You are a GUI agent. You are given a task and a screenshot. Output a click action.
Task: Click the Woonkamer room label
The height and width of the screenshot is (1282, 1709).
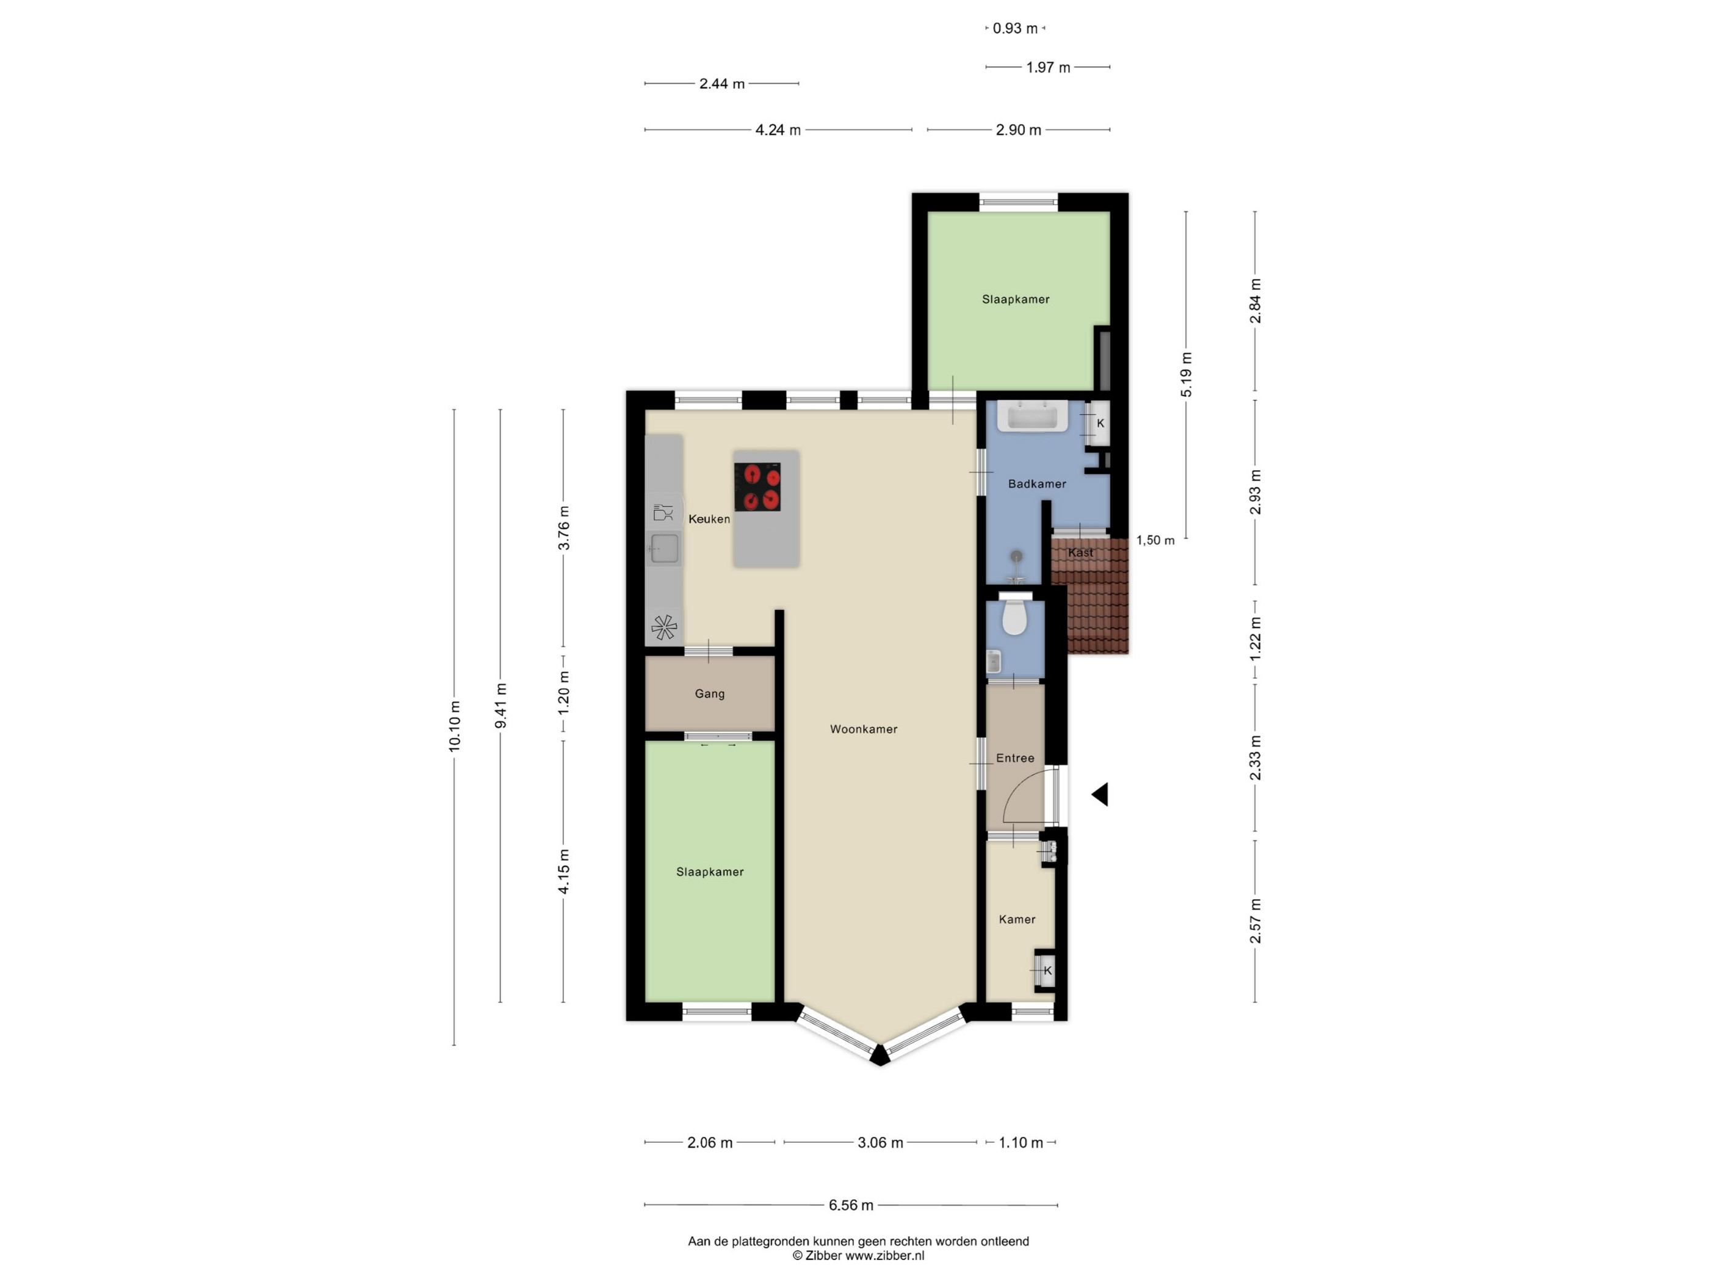(863, 729)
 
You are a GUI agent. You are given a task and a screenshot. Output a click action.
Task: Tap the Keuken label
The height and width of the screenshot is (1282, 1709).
(709, 518)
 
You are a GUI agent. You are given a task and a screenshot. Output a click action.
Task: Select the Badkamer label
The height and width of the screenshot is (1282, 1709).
(1037, 483)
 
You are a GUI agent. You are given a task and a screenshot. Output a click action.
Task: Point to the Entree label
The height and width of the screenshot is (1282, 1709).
(1015, 758)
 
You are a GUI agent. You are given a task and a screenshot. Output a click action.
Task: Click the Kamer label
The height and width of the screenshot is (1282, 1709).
(1017, 919)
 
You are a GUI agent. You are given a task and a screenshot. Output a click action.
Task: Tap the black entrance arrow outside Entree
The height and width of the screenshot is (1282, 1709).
(1100, 794)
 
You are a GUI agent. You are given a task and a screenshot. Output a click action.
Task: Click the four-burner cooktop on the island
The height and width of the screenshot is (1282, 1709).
(757, 487)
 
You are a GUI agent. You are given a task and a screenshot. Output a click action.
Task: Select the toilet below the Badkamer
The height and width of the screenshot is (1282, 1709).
(1014, 615)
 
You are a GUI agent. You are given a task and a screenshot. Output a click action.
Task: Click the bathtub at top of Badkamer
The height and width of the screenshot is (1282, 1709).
(1033, 415)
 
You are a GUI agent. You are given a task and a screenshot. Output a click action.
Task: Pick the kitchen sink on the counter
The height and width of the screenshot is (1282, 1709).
(663, 549)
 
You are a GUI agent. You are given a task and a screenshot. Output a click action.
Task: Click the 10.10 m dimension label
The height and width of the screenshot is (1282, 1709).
(454, 726)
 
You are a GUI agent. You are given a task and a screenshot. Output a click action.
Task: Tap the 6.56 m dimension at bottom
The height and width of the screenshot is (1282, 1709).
(851, 1204)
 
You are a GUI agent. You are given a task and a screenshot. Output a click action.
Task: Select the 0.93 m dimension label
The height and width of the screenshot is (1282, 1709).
(1015, 29)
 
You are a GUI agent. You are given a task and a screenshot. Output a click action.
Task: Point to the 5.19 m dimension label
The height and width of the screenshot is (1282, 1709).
(1186, 375)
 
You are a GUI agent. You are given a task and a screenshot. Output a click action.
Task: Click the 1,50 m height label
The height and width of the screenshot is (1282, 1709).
(1155, 540)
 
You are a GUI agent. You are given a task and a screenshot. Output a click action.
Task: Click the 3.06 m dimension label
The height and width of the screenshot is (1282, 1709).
(880, 1142)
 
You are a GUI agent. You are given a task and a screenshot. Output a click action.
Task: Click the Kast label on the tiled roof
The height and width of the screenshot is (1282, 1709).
(1080, 552)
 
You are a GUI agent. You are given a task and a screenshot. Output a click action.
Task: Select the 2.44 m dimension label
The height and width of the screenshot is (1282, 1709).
(721, 84)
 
